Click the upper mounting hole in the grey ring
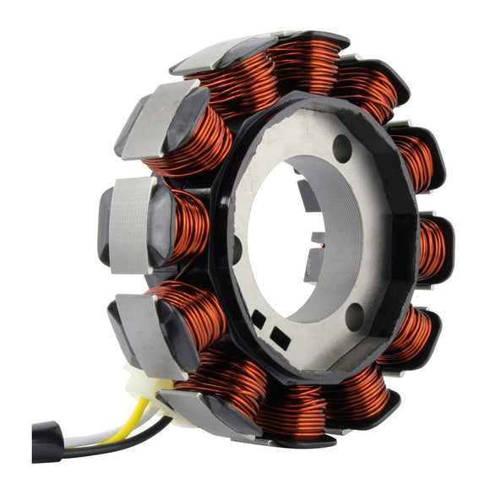tap(341, 149)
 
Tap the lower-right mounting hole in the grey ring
tap(355, 316)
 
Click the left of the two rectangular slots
tap(257, 318)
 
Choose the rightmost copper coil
tap(433, 250)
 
